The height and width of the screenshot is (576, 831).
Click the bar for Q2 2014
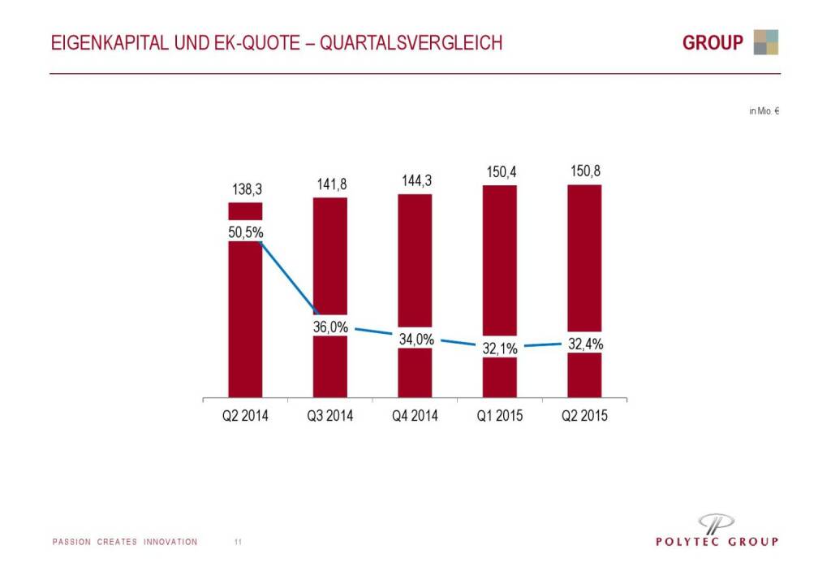click(x=245, y=325)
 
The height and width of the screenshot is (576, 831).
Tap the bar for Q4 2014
click(x=415, y=260)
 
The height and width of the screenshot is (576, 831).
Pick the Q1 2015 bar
click(x=499, y=260)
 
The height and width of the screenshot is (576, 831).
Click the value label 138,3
click(x=245, y=189)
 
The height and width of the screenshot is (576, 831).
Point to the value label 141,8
click(x=331, y=184)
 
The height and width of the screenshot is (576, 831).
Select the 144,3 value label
click(x=415, y=180)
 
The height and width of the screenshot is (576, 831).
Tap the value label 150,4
click(x=501, y=172)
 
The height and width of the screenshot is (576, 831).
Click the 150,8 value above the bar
click(x=585, y=171)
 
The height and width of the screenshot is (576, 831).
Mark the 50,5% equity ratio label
click(x=245, y=232)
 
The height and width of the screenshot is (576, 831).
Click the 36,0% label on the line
click(x=330, y=327)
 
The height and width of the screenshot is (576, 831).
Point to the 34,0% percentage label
click(x=415, y=340)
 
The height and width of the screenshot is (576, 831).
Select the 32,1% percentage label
click(x=501, y=349)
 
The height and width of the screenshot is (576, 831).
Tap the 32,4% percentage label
click(x=585, y=344)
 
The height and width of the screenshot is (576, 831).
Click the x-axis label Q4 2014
click(x=415, y=416)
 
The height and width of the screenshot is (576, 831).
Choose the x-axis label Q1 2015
click(x=500, y=416)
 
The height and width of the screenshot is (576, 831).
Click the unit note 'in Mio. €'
click(x=764, y=111)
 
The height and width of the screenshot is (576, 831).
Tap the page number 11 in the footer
click(x=238, y=542)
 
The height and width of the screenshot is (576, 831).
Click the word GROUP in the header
click(x=713, y=43)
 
